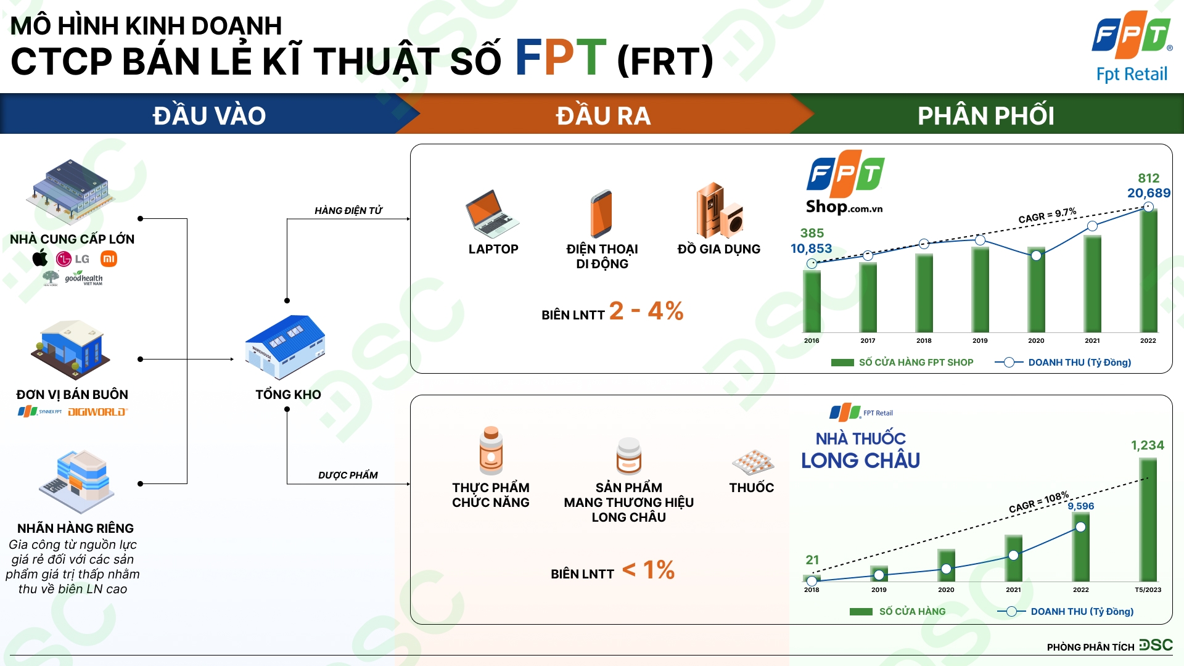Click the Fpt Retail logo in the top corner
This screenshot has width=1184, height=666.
(1132, 47)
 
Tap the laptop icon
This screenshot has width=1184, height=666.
(492, 214)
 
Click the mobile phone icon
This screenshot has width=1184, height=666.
(601, 214)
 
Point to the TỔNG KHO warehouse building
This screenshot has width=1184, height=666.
(285, 347)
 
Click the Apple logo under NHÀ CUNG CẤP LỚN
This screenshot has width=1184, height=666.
(40, 258)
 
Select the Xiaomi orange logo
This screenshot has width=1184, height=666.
(109, 259)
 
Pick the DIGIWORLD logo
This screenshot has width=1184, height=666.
(97, 412)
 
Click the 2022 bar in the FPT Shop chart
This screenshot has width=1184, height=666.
(1148, 270)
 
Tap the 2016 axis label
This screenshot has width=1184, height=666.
(812, 340)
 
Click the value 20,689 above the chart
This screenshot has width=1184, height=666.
(1149, 193)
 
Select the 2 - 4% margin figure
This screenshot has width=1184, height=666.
(646, 311)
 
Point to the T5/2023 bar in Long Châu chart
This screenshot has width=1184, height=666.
(1148, 520)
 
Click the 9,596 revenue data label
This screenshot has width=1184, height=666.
(1081, 506)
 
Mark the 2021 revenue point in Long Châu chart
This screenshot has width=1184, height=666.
(1013, 556)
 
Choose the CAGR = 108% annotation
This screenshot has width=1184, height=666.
(1038, 502)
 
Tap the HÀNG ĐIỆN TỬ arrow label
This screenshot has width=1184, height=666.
(348, 211)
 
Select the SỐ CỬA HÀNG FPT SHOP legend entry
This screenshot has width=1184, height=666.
(902, 363)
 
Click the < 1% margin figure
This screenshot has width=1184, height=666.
(649, 570)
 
